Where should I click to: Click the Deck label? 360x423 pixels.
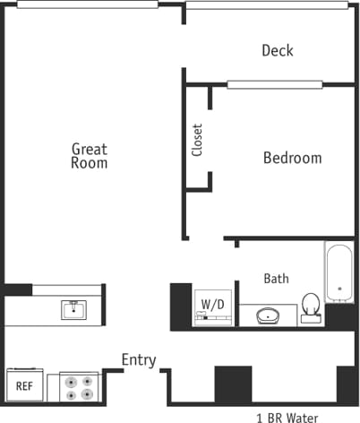[277, 51]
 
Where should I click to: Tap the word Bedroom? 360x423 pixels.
[292, 159]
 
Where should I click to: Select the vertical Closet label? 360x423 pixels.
[197, 140]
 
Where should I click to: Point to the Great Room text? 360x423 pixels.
[90, 156]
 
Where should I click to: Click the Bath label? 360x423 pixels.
[276, 279]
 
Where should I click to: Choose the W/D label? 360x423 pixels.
[212, 305]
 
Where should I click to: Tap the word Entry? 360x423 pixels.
[139, 360]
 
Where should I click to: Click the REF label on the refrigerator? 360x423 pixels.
[24, 387]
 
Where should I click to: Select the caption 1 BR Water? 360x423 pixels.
[287, 416]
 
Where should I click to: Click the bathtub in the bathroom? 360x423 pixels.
[339, 272]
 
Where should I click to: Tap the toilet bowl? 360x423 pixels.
[311, 305]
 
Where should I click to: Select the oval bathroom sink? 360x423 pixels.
[269, 315]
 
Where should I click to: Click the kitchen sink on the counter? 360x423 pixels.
[73, 310]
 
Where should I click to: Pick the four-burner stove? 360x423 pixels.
[79, 386]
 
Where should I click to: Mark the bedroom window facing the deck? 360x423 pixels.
[273, 85]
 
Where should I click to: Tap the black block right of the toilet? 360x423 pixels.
[341, 315]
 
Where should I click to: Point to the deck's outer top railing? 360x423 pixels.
[267, 4]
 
